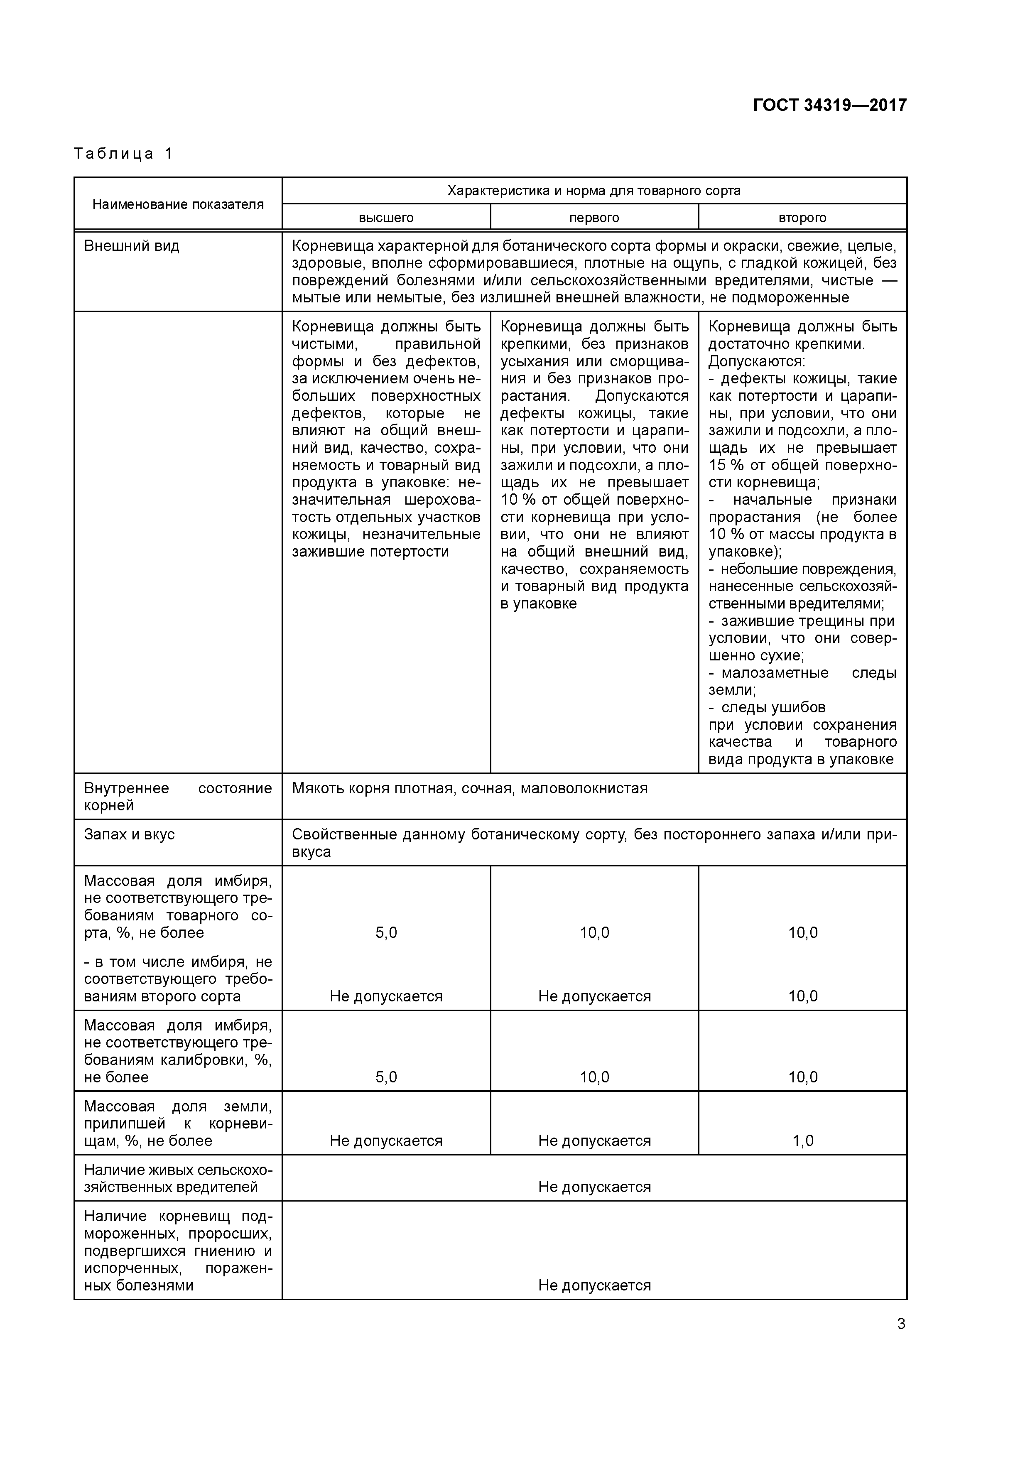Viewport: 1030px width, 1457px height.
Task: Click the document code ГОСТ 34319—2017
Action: coord(829,105)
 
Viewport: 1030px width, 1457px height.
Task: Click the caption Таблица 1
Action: coord(123,154)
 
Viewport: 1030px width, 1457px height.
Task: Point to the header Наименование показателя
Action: coord(178,204)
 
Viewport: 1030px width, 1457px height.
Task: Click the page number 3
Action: coord(900,1324)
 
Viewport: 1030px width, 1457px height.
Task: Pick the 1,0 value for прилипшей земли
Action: coord(803,1141)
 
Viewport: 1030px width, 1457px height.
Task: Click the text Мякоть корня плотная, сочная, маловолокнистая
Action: coord(470,788)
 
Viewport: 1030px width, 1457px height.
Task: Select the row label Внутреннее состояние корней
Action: coord(178,796)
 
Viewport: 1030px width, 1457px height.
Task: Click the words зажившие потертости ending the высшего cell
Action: coord(370,552)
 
